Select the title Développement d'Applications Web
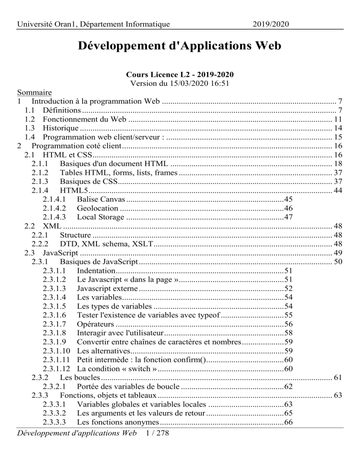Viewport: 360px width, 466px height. tap(180, 46)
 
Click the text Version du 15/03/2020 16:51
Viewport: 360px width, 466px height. tap(180, 83)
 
